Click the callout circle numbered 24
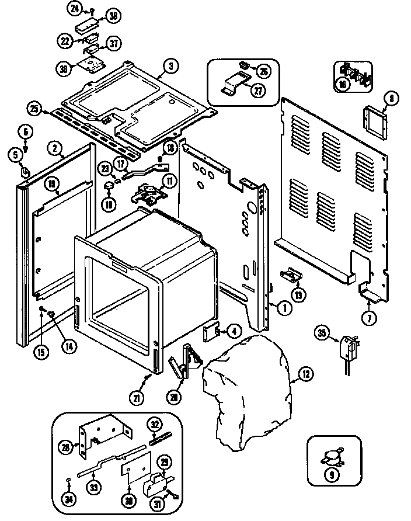click(74, 8)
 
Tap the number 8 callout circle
click(391, 99)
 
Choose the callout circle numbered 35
click(321, 334)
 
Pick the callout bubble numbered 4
click(233, 331)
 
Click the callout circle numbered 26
click(264, 71)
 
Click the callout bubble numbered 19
click(52, 185)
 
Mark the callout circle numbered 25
click(34, 109)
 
